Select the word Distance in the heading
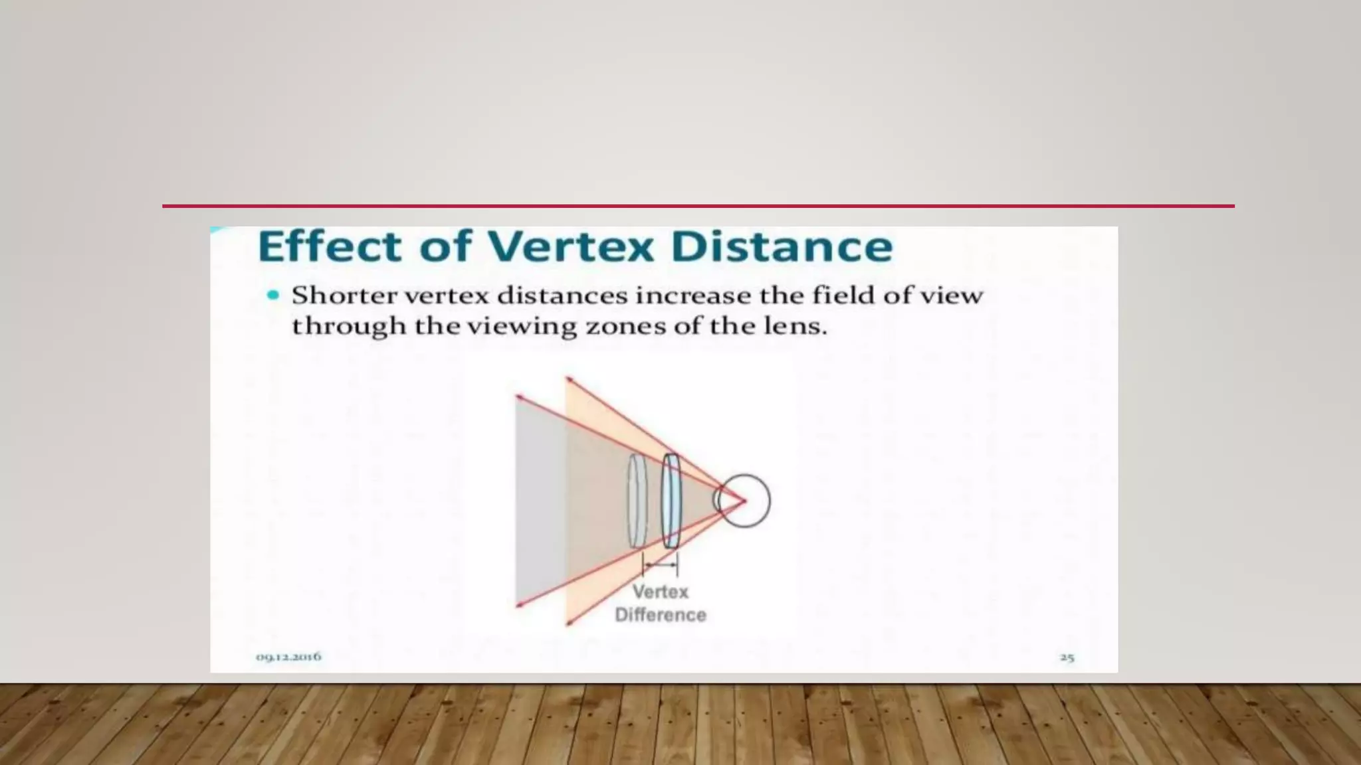(x=782, y=246)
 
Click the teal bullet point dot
(x=273, y=296)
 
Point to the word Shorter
(x=344, y=296)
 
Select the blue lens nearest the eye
(x=671, y=501)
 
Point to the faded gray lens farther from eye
(x=637, y=501)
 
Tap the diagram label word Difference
(x=660, y=615)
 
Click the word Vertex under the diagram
(x=660, y=592)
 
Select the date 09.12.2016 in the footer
(x=288, y=657)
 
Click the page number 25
(x=1067, y=657)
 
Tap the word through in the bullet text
(x=349, y=327)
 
